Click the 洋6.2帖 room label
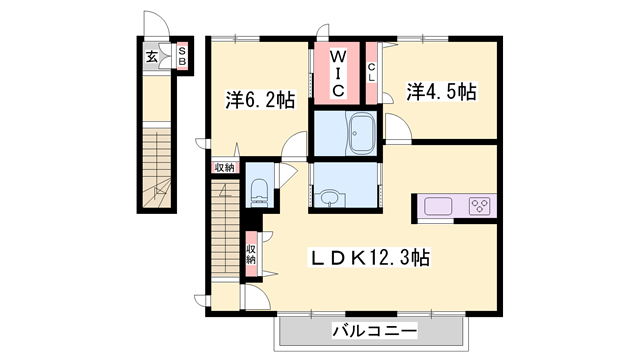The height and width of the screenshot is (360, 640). coord(259,99)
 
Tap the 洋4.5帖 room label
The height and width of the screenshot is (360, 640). coord(440,92)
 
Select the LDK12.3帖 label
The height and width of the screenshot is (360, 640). coord(368,258)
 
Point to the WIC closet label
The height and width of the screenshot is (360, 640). coord(338,73)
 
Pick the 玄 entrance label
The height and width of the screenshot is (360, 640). coord(151,57)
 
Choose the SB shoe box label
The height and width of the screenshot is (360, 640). coord(183,57)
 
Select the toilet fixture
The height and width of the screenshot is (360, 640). coord(259,188)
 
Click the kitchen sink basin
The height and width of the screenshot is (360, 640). coord(437,206)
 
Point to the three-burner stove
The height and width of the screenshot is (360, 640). coord(478,206)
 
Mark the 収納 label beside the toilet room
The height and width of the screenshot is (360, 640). coord(225,168)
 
